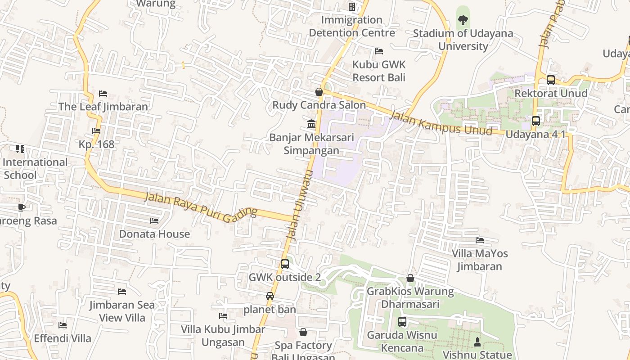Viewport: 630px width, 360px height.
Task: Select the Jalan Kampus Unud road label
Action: pos(441,123)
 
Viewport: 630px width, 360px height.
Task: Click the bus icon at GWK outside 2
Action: pos(285,264)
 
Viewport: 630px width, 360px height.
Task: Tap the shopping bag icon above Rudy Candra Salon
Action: pos(319,92)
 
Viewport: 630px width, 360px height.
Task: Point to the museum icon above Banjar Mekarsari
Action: pos(311,124)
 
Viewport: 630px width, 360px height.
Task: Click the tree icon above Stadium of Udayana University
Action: pos(463,20)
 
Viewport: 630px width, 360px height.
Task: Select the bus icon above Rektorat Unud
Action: pos(550,80)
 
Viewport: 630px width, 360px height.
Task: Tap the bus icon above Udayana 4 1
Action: pos(535,121)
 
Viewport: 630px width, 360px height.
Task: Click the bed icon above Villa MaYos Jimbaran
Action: pos(480,240)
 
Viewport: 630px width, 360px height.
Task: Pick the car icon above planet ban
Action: pos(270,296)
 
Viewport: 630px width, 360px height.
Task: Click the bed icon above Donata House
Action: pos(154,221)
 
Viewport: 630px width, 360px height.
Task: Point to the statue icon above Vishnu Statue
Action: pos(477,342)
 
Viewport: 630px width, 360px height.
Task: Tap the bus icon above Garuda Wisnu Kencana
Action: pos(402,322)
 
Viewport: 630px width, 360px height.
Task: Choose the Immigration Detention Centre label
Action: pos(352,26)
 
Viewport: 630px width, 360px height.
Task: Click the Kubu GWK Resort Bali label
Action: pos(379,71)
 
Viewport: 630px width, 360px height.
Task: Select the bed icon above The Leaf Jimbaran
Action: pos(103,94)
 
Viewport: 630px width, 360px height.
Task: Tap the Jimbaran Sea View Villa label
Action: pos(122,311)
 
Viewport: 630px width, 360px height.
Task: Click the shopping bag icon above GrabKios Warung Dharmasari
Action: pos(410,278)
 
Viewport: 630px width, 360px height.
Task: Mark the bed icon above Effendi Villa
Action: pos(63,325)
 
